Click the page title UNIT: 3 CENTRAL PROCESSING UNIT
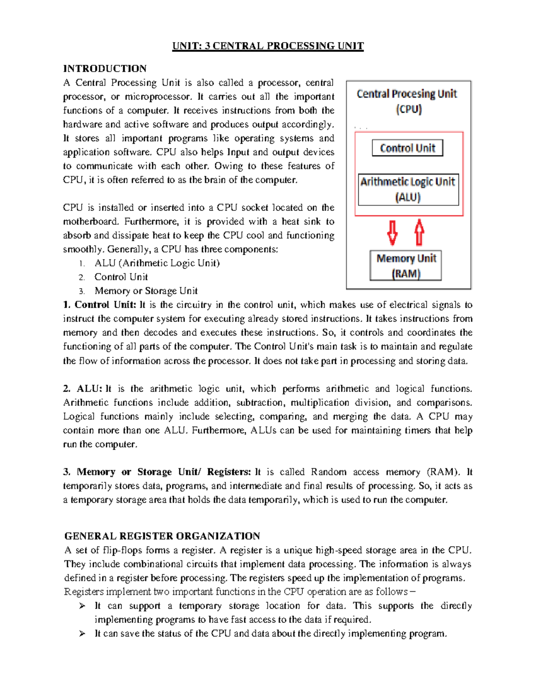point(268,46)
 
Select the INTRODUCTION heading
point(105,69)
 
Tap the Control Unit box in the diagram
point(407,148)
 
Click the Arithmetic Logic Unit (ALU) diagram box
point(408,189)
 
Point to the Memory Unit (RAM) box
point(406,265)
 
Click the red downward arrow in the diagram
point(393,233)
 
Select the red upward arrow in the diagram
point(419,232)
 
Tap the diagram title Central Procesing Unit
point(407,94)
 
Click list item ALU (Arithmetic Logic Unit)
point(157,263)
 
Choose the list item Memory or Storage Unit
point(146,291)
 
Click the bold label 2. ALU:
point(83,389)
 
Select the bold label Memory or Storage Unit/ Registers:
point(163,472)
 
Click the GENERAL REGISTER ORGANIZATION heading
point(162,536)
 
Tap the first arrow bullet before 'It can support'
point(82,606)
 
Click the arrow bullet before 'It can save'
point(82,634)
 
